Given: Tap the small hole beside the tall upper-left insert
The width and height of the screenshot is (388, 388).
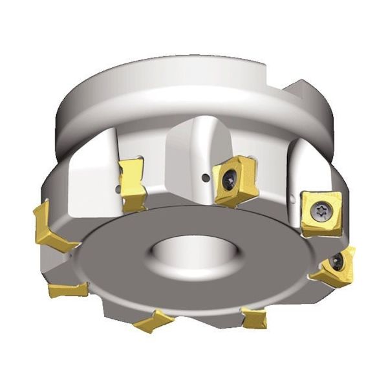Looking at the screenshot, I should (118, 189).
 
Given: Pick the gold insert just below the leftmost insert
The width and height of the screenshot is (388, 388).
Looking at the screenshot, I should (68, 289).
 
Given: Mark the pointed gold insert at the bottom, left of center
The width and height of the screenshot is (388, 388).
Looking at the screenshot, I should (153, 320).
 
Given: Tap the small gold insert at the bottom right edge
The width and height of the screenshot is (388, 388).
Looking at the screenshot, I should (253, 318).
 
